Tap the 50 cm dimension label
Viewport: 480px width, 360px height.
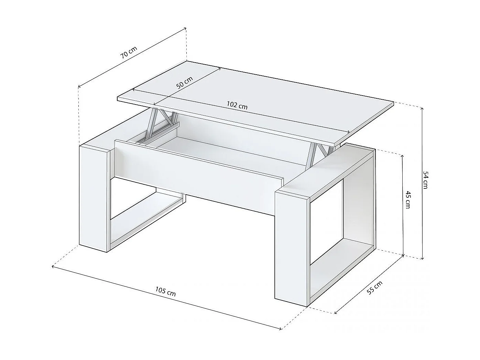(185, 83)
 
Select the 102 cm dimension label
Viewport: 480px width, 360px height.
(237, 105)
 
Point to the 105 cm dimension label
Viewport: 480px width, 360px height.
(165, 292)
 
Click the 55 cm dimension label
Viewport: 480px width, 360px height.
(374, 287)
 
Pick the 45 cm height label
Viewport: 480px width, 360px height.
(407, 199)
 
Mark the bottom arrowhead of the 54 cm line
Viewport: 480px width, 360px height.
(422, 258)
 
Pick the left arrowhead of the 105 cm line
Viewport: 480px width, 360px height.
(53, 266)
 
